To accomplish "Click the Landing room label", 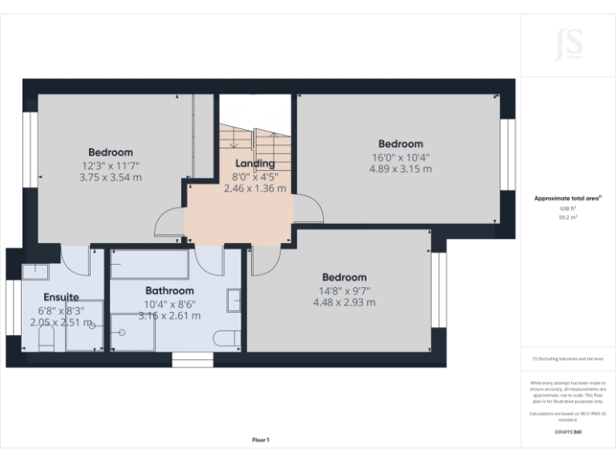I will (x=254, y=164).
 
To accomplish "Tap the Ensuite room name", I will (x=61, y=297).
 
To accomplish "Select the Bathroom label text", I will (x=169, y=290).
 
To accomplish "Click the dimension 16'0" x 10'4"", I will (x=400, y=157).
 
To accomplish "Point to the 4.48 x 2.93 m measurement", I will (x=344, y=302).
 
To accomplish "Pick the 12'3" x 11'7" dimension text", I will (x=111, y=164).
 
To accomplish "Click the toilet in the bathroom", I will (x=226, y=338).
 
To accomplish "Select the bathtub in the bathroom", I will (x=149, y=262).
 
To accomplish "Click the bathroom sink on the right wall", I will (x=234, y=299).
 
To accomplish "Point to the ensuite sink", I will (x=34, y=270).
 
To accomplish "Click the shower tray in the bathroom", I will (x=132, y=332).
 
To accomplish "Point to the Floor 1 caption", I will (x=261, y=440).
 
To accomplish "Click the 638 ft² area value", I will (x=568, y=209).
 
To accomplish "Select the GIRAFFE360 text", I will (x=568, y=432).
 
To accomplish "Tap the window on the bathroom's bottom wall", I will (x=192, y=359).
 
